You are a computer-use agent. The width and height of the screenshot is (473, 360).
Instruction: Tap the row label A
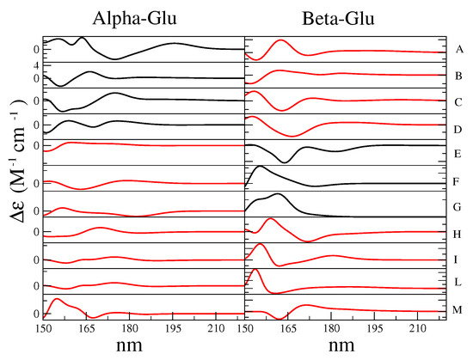coord(461,50)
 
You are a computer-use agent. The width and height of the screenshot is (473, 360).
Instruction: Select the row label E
coord(461,156)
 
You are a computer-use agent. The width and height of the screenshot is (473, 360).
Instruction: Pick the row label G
coord(461,208)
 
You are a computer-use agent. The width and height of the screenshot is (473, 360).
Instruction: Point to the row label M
coord(461,311)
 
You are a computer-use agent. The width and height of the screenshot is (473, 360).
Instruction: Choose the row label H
coord(461,234)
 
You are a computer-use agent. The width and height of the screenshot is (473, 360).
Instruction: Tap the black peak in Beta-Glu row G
coord(276,195)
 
